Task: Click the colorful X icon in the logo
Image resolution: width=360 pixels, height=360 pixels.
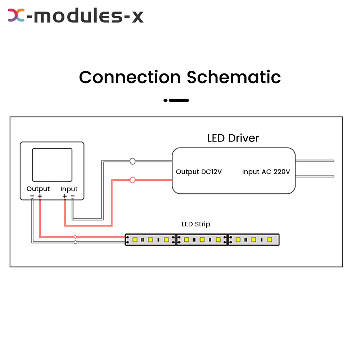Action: pyautogui.click(x=16, y=16)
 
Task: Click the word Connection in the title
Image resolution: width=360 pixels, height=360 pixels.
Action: pyautogui.click(x=130, y=77)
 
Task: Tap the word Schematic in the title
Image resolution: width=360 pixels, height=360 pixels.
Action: pyautogui.click(x=234, y=77)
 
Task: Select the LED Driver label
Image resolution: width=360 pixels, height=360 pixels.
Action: pyautogui.click(x=233, y=138)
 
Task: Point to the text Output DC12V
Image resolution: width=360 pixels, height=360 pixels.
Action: pyautogui.click(x=199, y=172)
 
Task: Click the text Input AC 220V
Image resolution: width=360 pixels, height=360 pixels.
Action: pyautogui.click(x=266, y=172)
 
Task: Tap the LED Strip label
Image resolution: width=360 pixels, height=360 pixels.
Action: pyautogui.click(x=196, y=224)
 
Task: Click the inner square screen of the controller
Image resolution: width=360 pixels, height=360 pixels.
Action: pyautogui.click(x=52, y=165)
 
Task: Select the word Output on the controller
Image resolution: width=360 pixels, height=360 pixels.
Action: pyautogui.click(x=38, y=189)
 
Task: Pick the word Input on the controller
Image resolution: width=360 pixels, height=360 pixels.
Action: pyautogui.click(x=69, y=189)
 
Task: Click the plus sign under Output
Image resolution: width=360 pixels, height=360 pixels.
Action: pyautogui.click(x=40, y=196)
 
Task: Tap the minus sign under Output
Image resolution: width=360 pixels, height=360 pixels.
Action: pyautogui.click(x=32, y=196)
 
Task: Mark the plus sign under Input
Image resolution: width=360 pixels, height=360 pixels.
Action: pyautogui.click(x=64, y=196)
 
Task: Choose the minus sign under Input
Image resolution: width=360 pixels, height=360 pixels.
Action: pyautogui.click(x=72, y=196)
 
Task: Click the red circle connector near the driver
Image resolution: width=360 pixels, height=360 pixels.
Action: pyautogui.click(x=132, y=180)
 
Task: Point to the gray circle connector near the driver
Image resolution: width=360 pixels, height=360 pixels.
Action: pyautogui.click(x=132, y=161)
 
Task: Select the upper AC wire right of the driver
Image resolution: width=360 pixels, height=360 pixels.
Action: pyautogui.click(x=315, y=161)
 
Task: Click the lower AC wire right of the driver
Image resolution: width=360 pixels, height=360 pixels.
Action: pyautogui.click(x=315, y=176)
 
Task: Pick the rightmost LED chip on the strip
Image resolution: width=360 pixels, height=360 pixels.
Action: pyautogui.click(x=269, y=239)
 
